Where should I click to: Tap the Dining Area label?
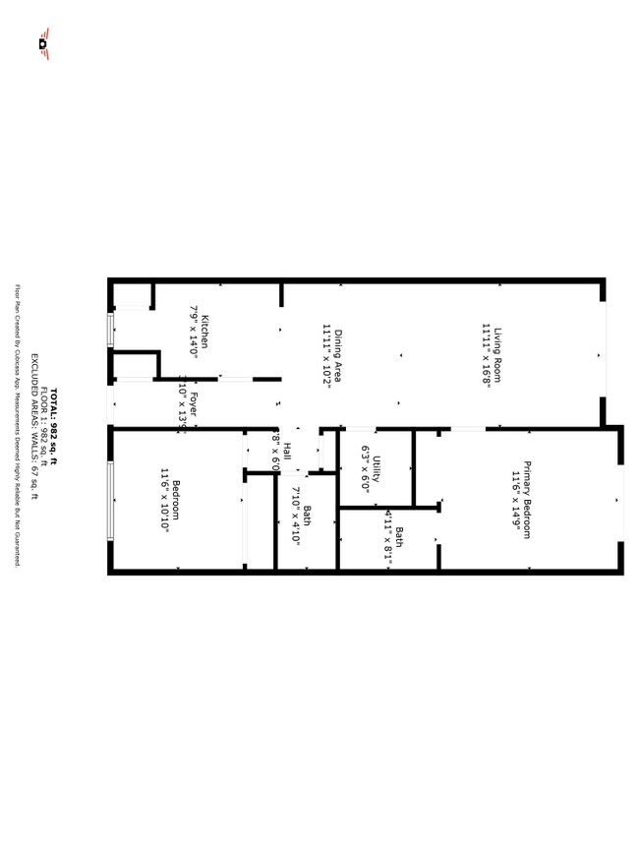click(337, 356)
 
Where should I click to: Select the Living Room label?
click(497, 355)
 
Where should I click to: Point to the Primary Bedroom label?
click(527, 500)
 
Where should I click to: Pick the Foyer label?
click(194, 403)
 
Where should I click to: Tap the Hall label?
click(287, 452)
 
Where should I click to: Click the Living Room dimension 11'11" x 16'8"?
click(486, 355)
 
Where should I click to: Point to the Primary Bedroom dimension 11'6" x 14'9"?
click(514, 500)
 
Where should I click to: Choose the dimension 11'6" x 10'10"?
click(164, 500)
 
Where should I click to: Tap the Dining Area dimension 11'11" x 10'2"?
click(325, 356)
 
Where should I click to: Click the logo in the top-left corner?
click(43, 42)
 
